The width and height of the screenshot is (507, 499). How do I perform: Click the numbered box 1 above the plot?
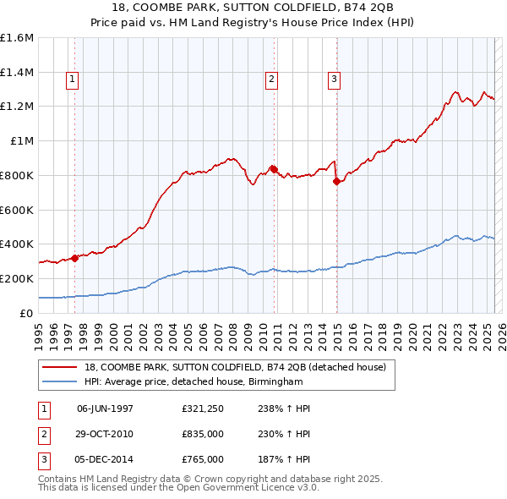pos(73,80)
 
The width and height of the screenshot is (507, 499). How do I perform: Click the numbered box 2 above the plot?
pos(272,80)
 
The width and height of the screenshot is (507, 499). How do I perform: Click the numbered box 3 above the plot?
pos(334,80)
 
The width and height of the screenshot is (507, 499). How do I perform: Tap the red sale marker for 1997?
pos(75,258)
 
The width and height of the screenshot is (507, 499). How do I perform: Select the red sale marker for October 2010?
pos(274,168)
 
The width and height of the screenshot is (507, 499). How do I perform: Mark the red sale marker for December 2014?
pos(336,180)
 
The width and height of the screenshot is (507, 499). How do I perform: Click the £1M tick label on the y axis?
pos(22,141)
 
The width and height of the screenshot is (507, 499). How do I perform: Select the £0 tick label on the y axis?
pos(28,313)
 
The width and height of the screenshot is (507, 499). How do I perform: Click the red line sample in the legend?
pos(61,367)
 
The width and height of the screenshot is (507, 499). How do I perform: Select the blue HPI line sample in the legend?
pos(61,381)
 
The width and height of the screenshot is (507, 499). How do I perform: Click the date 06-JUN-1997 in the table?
pos(105,409)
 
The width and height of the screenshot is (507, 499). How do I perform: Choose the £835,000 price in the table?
pos(203,434)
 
